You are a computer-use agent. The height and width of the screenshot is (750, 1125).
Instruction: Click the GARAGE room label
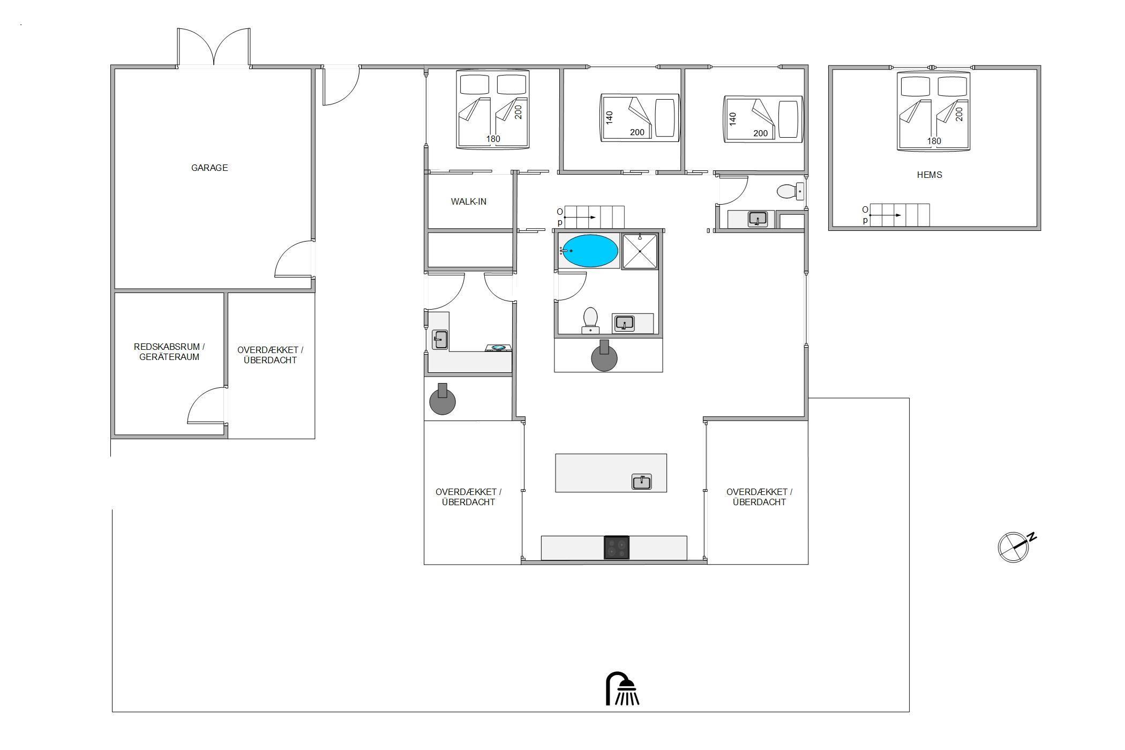(209, 168)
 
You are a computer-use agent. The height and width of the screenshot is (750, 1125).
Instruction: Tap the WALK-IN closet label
(469, 201)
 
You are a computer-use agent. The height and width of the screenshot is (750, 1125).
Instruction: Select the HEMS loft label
(929, 175)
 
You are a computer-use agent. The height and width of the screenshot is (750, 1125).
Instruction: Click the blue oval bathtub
(590, 251)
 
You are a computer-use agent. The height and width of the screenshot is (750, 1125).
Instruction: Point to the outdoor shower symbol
(622, 689)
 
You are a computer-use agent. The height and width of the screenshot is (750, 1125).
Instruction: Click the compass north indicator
(1016, 546)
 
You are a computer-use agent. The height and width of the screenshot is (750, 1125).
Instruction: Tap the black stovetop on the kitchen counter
(617, 547)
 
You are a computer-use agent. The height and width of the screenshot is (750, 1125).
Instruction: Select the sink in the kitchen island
(642, 482)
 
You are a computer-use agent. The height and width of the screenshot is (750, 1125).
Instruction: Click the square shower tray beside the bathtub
(640, 251)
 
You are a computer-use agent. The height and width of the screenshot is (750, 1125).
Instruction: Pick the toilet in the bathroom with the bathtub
(590, 320)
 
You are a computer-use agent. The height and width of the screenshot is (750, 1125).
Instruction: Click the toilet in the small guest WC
(790, 191)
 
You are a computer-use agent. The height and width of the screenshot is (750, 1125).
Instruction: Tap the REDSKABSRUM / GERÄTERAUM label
(169, 352)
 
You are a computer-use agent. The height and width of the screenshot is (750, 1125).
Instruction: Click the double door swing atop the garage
(214, 47)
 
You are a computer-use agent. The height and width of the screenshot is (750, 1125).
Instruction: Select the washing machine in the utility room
(498, 348)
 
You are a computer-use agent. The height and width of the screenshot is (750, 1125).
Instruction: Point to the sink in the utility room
(440, 340)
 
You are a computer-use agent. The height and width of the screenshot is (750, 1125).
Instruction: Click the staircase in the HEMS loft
(899, 215)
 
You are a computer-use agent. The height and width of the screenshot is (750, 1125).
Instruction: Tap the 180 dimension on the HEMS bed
(934, 141)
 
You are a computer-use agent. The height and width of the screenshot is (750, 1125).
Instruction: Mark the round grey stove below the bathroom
(604, 356)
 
